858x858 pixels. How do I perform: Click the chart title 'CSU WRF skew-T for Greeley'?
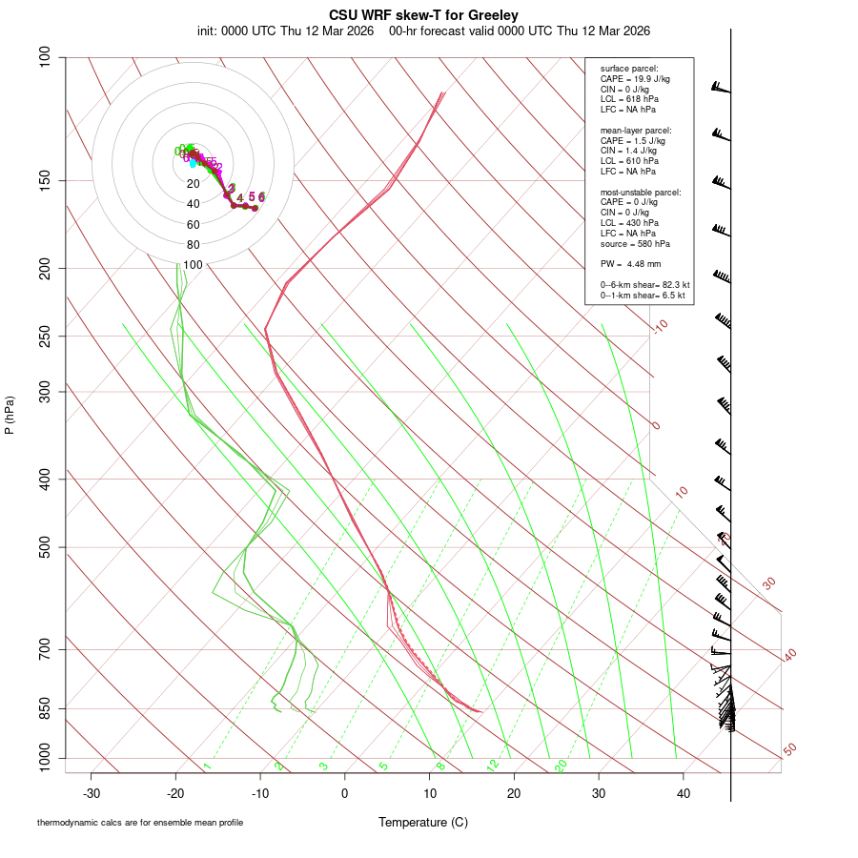[x=423, y=15]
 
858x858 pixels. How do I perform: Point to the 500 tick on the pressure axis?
[x=46, y=547]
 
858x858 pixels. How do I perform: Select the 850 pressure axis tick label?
[x=46, y=708]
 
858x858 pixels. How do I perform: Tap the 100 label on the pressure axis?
[x=46, y=57]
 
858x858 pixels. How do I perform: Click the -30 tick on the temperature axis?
[x=92, y=792]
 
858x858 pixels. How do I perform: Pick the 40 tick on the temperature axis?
[x=683, y=792]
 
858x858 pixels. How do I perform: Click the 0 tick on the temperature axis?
[x=345, y=792]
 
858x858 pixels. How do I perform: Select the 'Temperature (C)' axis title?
[x=423, y=822]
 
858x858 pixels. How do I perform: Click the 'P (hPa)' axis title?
[x=10, y=415]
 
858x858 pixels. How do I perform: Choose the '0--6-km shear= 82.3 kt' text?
[x=644, y=285]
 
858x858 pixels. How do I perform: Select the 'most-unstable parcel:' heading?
[x=641, y=192]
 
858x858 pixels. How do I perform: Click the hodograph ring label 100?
[x=194, y=265]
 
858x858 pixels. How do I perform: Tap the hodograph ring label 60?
[x=194, y=225]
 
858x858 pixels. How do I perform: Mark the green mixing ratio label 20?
[x=561, y=766]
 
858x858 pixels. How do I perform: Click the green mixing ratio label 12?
[x=493, y=766]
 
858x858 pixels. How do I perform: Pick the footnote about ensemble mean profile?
[x=140, y=823]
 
